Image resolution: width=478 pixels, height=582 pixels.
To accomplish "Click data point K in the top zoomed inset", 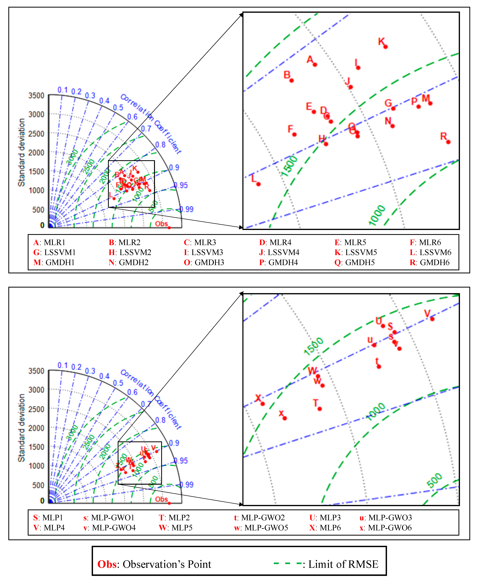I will (x=386, y=47).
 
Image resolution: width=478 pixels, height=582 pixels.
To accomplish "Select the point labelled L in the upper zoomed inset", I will (x=258, y=184).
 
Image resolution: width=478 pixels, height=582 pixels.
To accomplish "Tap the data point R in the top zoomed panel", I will (x=448, y=142).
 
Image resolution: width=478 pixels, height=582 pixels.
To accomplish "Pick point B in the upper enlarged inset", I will (x=292, y=80).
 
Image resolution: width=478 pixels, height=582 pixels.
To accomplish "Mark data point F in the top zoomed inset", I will (x=294, y=134).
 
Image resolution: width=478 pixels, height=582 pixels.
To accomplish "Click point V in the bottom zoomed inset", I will (x=432, y=319).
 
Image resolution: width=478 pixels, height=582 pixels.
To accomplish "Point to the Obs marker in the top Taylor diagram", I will (x=169, y=227).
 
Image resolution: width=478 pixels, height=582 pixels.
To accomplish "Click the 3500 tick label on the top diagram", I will (x=36, y=95).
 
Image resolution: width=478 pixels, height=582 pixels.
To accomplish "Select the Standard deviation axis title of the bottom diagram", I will (x=21, y=428).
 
